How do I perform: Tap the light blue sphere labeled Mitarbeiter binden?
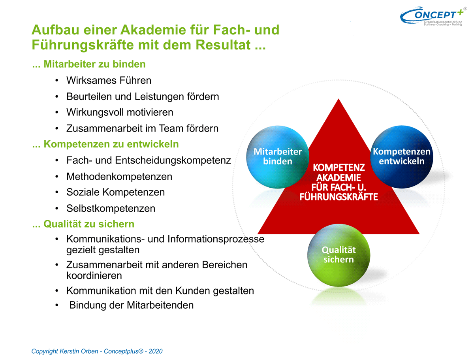click(277, 157)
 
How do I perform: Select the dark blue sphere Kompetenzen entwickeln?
click(401, 157)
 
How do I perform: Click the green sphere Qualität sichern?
click(339, 255)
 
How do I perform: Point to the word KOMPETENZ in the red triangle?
click(339, 168)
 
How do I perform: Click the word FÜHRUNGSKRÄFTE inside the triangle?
click(339, 197)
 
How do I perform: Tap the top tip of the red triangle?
click(339, 99)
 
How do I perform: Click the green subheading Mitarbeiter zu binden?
click(94, 64)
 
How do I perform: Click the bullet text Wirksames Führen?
click(109, 81)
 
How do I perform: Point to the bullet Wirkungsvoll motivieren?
click(120, 113)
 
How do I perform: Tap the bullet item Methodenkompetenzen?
click(119, 177)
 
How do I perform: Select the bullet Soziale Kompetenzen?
click(115, 192)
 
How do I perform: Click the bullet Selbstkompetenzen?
click(111, 209)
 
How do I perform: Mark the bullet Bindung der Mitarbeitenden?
click(131, 305)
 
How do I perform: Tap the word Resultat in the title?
click(223, 45)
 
